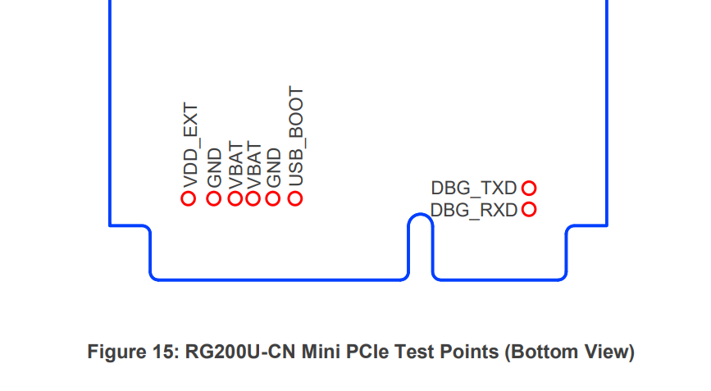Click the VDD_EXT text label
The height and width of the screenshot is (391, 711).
190,144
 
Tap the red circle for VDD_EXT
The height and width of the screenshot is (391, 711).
189,198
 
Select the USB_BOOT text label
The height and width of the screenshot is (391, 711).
296,136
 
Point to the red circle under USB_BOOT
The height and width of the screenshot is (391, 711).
295,198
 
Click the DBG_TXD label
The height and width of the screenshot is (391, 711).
474,189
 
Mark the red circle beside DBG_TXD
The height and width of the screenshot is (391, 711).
529,189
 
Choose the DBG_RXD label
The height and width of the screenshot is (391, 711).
474,210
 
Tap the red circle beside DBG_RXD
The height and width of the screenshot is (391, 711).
529,210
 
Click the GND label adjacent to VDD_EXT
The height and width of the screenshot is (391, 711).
214,166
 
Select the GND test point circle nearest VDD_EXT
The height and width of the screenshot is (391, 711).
213,198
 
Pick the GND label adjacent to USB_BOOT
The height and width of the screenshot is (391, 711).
275,166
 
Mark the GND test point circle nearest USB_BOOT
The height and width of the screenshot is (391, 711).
274,198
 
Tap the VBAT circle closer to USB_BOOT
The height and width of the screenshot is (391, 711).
253,198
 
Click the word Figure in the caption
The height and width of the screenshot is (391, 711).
113,352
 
